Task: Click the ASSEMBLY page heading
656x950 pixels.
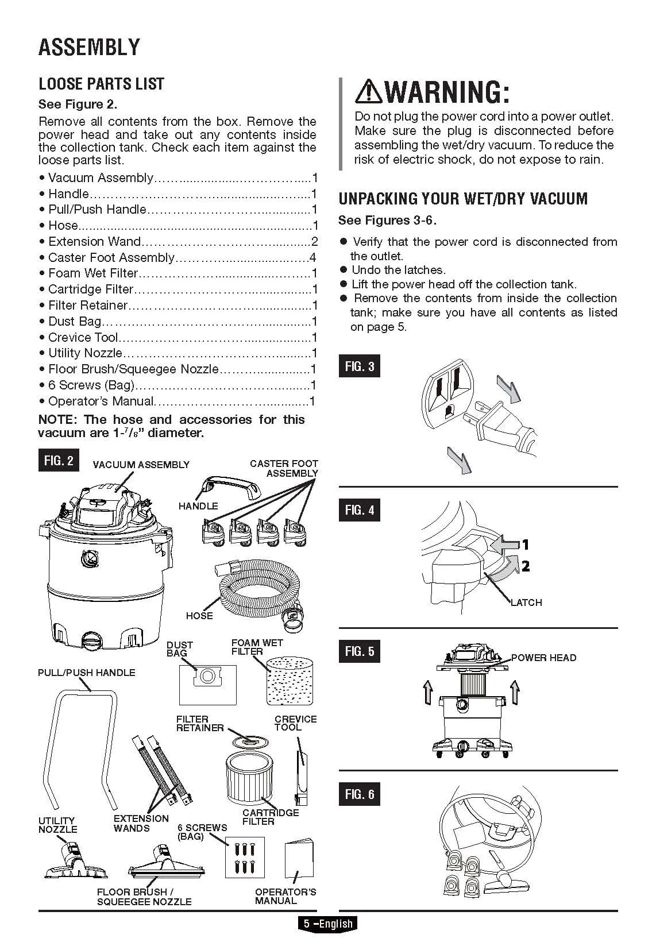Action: click(x=89, y=47)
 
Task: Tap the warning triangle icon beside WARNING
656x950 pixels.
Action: click(x=368, y=92)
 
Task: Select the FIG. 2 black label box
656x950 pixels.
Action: click(x=59, y=461)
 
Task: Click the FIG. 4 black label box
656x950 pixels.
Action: click(x=360, y=510)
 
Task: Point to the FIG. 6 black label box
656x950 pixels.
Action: click(x=360, y=794)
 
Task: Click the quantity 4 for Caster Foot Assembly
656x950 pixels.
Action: click(x=312, y=257)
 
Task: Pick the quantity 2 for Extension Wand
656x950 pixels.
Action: click(x=314, y=241)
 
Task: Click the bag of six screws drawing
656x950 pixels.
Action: click(x=245, y=857)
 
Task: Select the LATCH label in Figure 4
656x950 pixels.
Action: click(x=526, y=603)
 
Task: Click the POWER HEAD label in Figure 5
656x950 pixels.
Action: click(x=543, y=658)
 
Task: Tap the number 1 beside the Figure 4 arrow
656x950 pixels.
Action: click(x=524, y=544)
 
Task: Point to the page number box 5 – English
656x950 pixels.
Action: click(x=327, y=924)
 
